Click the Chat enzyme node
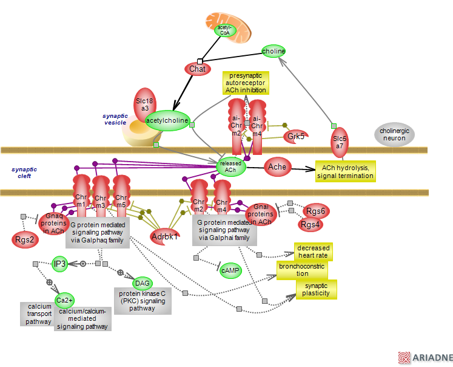click(197, 69)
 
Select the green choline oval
click(273, 51)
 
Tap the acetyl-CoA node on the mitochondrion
click(224, 30)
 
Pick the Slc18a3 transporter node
click(145, 104)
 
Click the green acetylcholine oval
click(167, 120)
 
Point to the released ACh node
click(230, 166)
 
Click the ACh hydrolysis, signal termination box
click(345, 171)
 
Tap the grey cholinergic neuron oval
click(395, 135)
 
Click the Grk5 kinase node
click(296, 136)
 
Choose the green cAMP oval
click(230, 270)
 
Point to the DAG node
click(143, 283)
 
